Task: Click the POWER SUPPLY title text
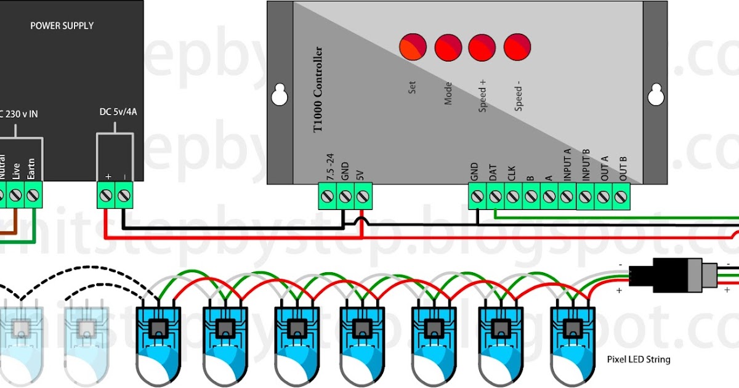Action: point(62,26)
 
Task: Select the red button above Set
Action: point(413,46)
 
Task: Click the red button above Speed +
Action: point(482,46)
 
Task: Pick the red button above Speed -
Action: point(517,46)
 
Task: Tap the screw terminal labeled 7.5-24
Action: point(327,197)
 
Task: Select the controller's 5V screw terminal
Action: point(363,197)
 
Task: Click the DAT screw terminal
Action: point(495,197)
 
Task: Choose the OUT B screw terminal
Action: point(621,197)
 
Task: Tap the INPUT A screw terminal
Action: point(567,197)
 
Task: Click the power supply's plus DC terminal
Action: point(107,196)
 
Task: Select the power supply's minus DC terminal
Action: point(124,196)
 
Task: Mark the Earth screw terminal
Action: point(33,196)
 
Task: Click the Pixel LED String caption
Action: point(638,359)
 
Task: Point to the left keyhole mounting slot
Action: point(280,93)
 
